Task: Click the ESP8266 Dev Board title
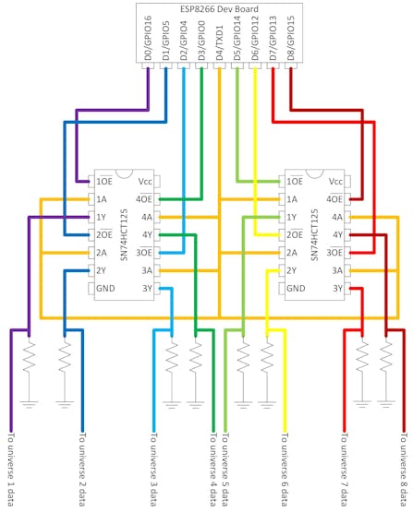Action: tap(219, 9)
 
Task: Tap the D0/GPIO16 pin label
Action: tap(148, 38)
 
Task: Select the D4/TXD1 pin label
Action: tap(219, 42)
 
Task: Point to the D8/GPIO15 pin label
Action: tap(291, 38)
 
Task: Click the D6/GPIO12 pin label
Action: tap(255, 38)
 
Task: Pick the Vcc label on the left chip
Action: tap(145, 181)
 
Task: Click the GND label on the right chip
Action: tap(296, 289)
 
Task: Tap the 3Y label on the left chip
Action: tap(147, 289)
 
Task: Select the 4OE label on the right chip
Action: tap(334, 198)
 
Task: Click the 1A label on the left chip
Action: tap(102, 199)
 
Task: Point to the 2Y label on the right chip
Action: tap(291, 270)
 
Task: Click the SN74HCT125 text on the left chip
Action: tap(124, 234)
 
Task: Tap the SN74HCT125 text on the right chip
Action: tap(314, 234)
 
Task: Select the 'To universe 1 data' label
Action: tap(11, 470)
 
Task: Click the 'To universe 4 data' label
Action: tap(213, 470)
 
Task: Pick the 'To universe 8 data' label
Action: tap(404, 470)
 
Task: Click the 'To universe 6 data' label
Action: tap(285, 470)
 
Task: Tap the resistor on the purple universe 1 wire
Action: tap(29, 356)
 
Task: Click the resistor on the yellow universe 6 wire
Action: tap(267, 356)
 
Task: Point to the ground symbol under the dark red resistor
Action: tap(386, 404)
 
